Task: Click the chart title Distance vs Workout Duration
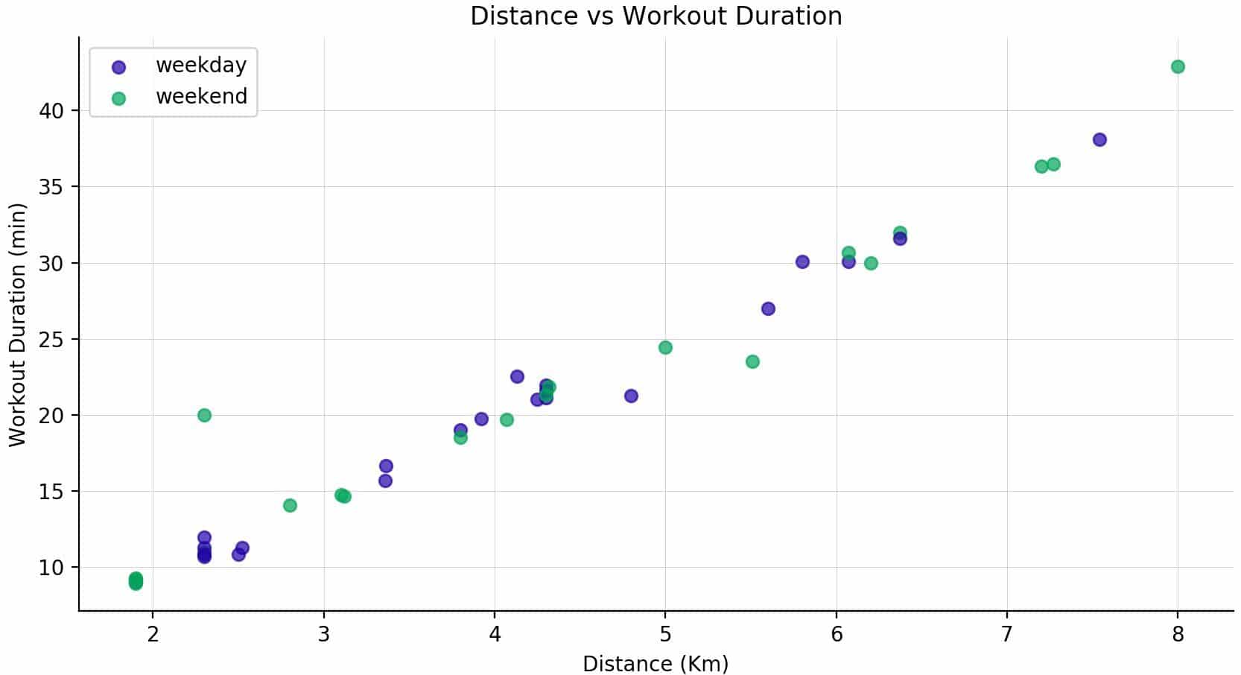[x=656, y=16]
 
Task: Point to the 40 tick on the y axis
[x=52, y=111]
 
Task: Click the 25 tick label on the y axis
[x=52, y=340]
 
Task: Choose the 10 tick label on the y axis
[x=52, y=568]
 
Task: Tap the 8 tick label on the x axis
[x=1178, y=635]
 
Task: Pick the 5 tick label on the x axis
[x=665, y=635]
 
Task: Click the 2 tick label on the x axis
[x=153, y=635]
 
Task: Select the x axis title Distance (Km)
[x=656, y=663]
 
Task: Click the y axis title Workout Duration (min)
[x=17, y=325]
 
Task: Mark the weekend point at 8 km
[x=1178, y=67]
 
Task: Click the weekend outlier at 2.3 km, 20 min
[x=204, y=415]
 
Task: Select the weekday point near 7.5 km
[x=1099, y=139]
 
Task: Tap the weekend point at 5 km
[x=665, y=347]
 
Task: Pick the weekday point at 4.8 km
[x=631, y=396]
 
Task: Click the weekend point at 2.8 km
[x=290, y=505]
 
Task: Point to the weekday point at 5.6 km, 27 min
[x=768, y=308]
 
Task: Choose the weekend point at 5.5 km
[x=752, y=361]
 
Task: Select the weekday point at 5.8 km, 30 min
[x=802, y=262]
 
